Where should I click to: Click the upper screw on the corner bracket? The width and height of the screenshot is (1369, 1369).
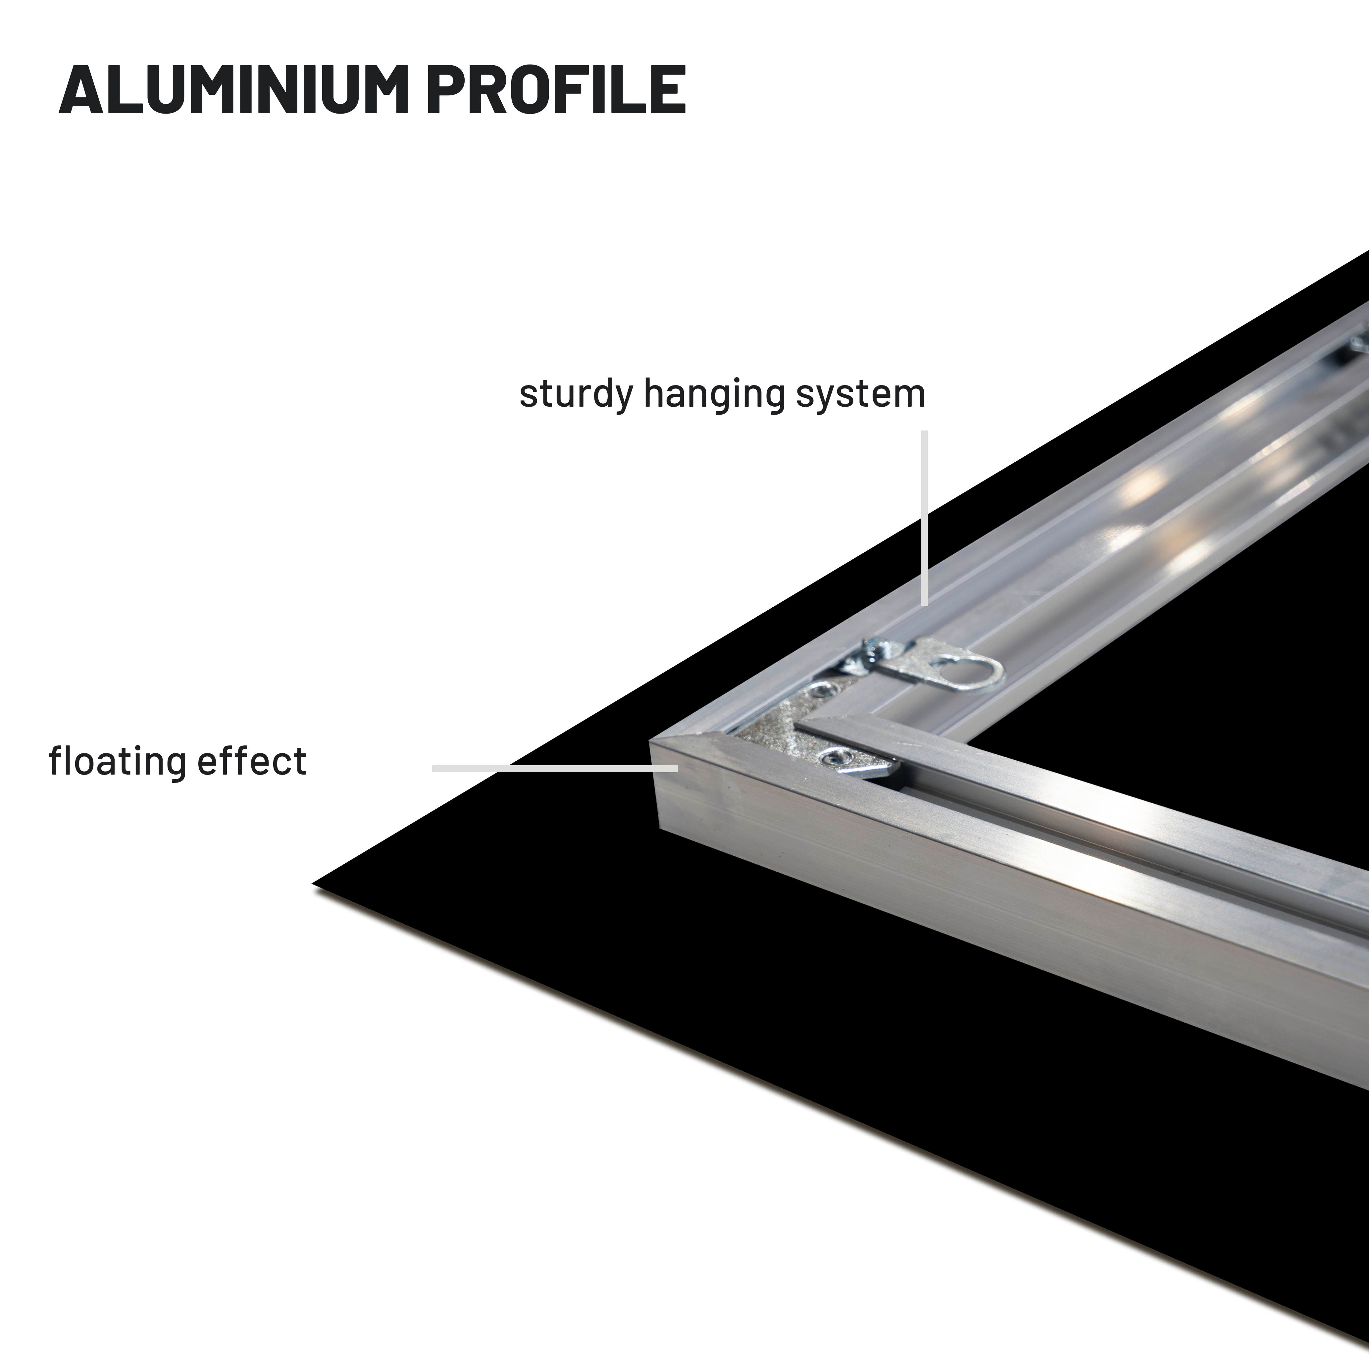pos(822,688)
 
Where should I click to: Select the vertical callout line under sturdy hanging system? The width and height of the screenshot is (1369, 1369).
pos(924,517)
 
